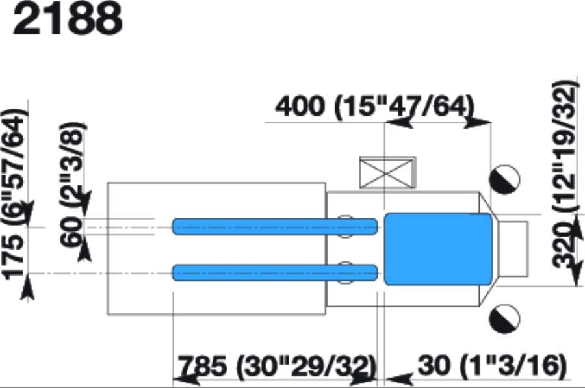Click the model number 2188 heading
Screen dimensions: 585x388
coord(67,19)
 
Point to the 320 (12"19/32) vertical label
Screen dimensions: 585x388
coord(565,174)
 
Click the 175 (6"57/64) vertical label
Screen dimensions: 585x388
coord(15,194)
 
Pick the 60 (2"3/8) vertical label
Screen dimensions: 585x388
coord(72,183)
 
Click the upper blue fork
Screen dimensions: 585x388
coord(275,227)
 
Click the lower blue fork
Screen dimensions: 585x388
coord(275,273)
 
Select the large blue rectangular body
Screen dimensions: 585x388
coord(438,249)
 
